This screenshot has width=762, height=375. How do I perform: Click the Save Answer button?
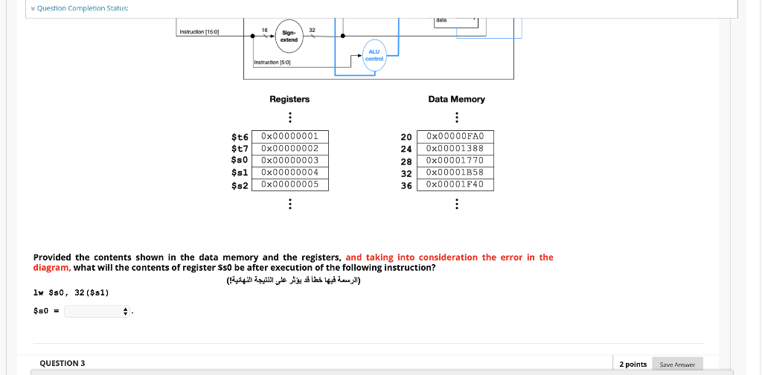(x=677, y=365)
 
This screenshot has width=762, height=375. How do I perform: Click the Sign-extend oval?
(x=289, y=36)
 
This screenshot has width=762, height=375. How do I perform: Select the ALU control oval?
(x=375, y=56)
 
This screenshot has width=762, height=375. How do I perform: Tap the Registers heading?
(x=289, y=99)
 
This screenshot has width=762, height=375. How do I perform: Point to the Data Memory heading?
(x=456, y=99)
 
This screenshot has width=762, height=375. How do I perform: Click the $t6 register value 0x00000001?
(x=290, y=136)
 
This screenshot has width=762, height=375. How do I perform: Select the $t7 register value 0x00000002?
(x=290, y=148)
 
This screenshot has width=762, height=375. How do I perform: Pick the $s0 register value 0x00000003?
(x=290, y=160)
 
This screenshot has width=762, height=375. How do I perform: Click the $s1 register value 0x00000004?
(x=290, y=172)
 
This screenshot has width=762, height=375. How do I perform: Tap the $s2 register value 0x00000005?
(x=290, y=184)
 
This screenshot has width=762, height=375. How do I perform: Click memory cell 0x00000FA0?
(x=455, y=136)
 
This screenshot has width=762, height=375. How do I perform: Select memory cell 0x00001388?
(x=455, y=148)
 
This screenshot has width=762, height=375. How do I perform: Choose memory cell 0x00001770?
(x=455, y=160)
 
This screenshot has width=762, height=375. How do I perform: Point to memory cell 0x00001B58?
(x=455, y=172)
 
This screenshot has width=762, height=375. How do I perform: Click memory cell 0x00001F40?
(x=455, y=184)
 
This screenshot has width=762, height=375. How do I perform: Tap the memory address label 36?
(x=406, y=185)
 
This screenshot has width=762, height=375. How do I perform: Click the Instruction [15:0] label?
(x=199, y=32)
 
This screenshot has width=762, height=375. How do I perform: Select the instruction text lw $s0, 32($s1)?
(x=71, y=292)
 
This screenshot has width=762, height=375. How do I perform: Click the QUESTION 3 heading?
(x=63, y=363)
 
